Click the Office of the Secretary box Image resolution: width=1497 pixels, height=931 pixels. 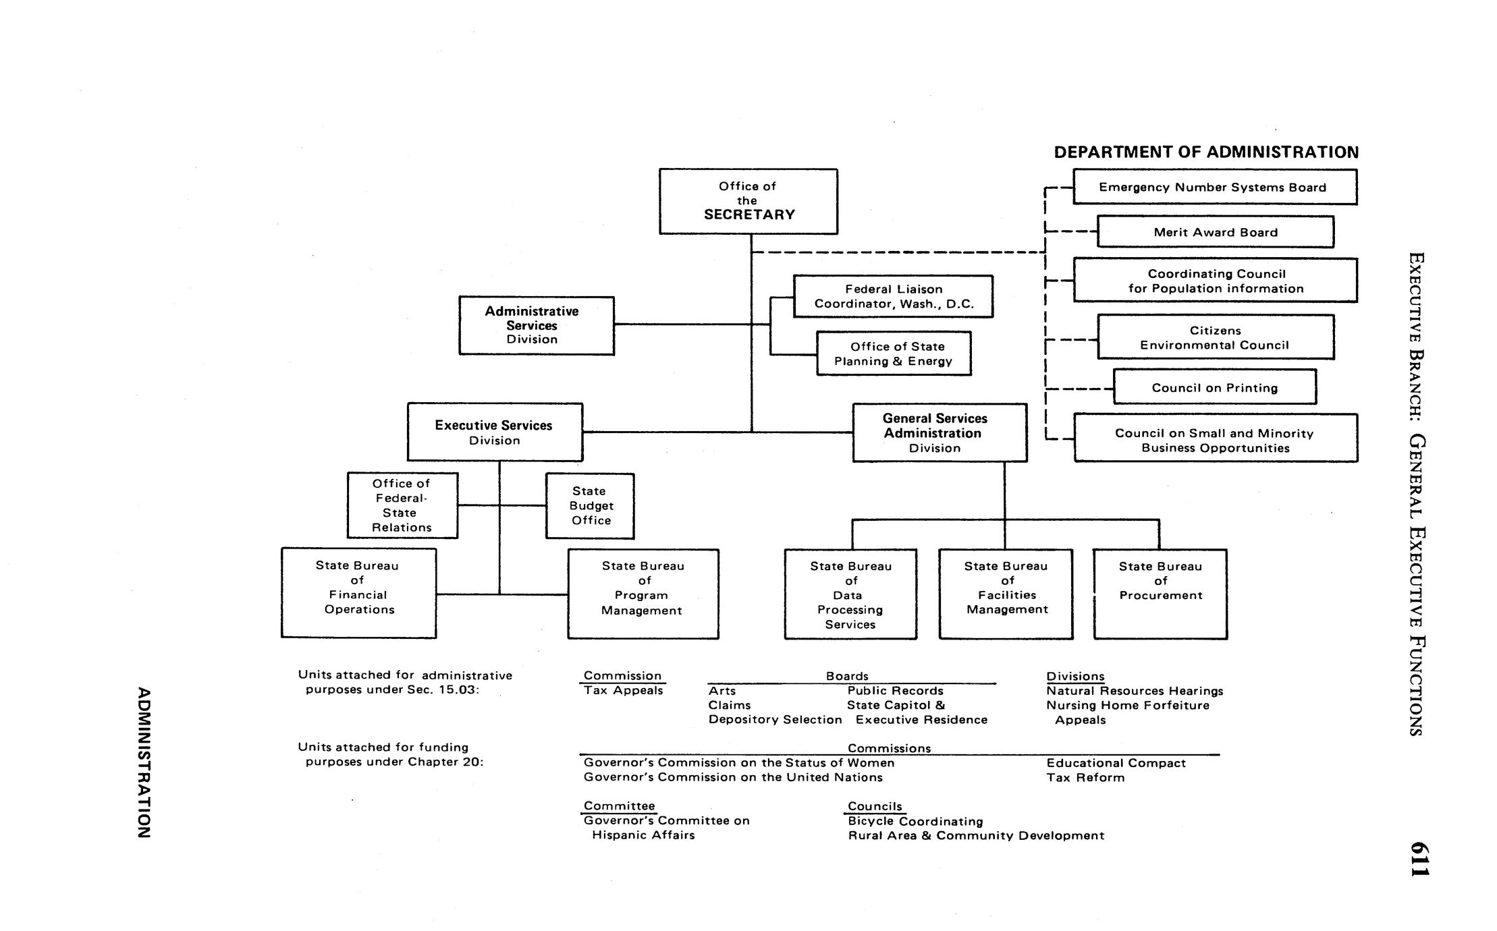748,201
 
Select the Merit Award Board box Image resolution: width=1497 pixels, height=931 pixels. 1215,232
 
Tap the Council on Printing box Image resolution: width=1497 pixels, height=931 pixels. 1214,387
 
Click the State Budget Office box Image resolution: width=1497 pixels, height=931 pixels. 590,506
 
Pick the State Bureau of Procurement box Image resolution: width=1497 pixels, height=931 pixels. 1160,594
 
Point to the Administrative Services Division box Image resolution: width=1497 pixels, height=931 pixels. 537,325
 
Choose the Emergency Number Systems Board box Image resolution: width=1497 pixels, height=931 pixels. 1215,187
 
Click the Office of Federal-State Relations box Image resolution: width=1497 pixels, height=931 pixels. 402,505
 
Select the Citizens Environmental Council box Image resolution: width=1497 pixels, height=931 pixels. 1215,337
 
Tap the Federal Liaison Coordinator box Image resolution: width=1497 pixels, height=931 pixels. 893,296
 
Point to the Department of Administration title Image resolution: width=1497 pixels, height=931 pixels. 1206,152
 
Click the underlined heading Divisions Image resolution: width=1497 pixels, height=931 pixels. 1075,676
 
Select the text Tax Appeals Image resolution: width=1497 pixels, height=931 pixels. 623,690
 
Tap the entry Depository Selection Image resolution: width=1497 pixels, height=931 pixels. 775,719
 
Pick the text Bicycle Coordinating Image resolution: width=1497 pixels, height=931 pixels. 915,821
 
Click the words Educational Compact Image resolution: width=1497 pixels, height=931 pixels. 1116,763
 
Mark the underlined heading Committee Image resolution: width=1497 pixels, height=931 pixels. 619,806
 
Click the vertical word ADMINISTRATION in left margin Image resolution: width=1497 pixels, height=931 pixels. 143,762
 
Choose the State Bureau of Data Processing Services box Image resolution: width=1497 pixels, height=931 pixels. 850,594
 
